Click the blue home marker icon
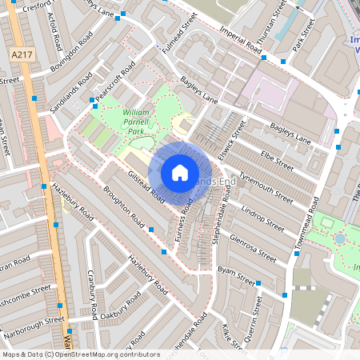pos(180,172)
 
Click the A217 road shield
pos(22,54)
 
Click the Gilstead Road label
pos(146,185)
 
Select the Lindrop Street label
pos(262,220)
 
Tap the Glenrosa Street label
pos(252,247)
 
